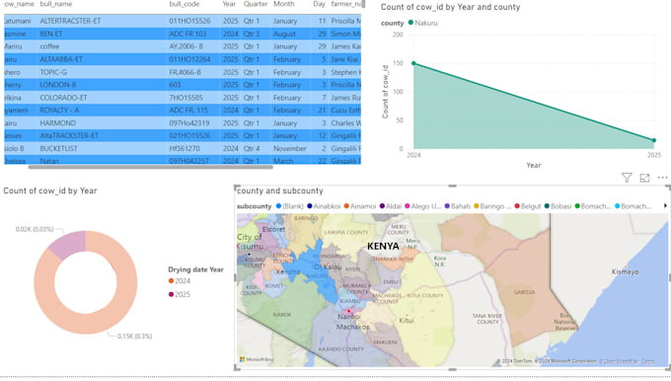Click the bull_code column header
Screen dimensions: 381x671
click(x=185, y=5)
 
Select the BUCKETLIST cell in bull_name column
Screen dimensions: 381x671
click(x=60, y=148)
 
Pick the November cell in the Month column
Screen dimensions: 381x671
click(x=290, y=148)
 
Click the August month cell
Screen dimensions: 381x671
click(x=284, y=34)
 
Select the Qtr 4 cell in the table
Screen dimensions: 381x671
click(x=254, y=148)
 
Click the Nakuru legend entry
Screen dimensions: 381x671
click(x=425, y=23)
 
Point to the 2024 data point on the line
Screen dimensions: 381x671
click(x=412, y=63)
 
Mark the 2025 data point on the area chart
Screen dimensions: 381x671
click(x=653, y=140)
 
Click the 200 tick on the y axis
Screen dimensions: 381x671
click(x=397, y=35)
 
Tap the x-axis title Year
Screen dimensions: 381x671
click(x=533, y=166)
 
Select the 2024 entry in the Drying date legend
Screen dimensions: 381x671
click(x=183, y=281)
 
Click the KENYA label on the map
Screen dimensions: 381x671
click(x=383, y=245)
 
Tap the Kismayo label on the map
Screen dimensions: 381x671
click(x=625, y=269)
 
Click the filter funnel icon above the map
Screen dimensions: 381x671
click(x=627, y=178)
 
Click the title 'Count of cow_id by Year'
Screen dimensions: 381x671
click(x=49, y=190)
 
